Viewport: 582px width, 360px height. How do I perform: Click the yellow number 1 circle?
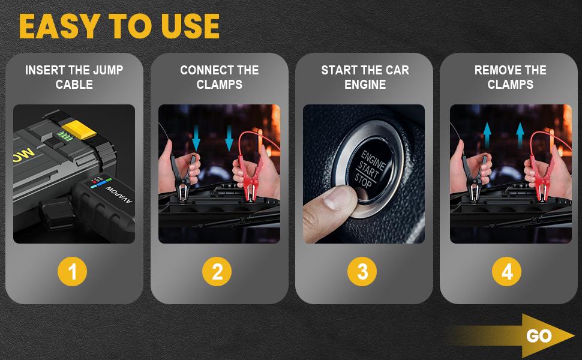73,271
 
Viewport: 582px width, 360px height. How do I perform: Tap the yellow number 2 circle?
217,271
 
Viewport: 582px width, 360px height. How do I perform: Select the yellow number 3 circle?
362,271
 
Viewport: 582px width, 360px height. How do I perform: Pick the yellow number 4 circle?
506,271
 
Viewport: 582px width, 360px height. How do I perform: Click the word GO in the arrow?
539,336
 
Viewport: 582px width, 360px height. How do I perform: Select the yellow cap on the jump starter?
79,130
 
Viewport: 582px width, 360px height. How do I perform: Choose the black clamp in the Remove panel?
475,179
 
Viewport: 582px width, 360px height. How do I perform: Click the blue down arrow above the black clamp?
196,137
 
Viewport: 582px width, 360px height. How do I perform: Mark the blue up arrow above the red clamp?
520,136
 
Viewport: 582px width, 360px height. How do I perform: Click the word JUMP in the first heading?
108,70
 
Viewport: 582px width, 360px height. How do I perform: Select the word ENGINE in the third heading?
365,85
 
